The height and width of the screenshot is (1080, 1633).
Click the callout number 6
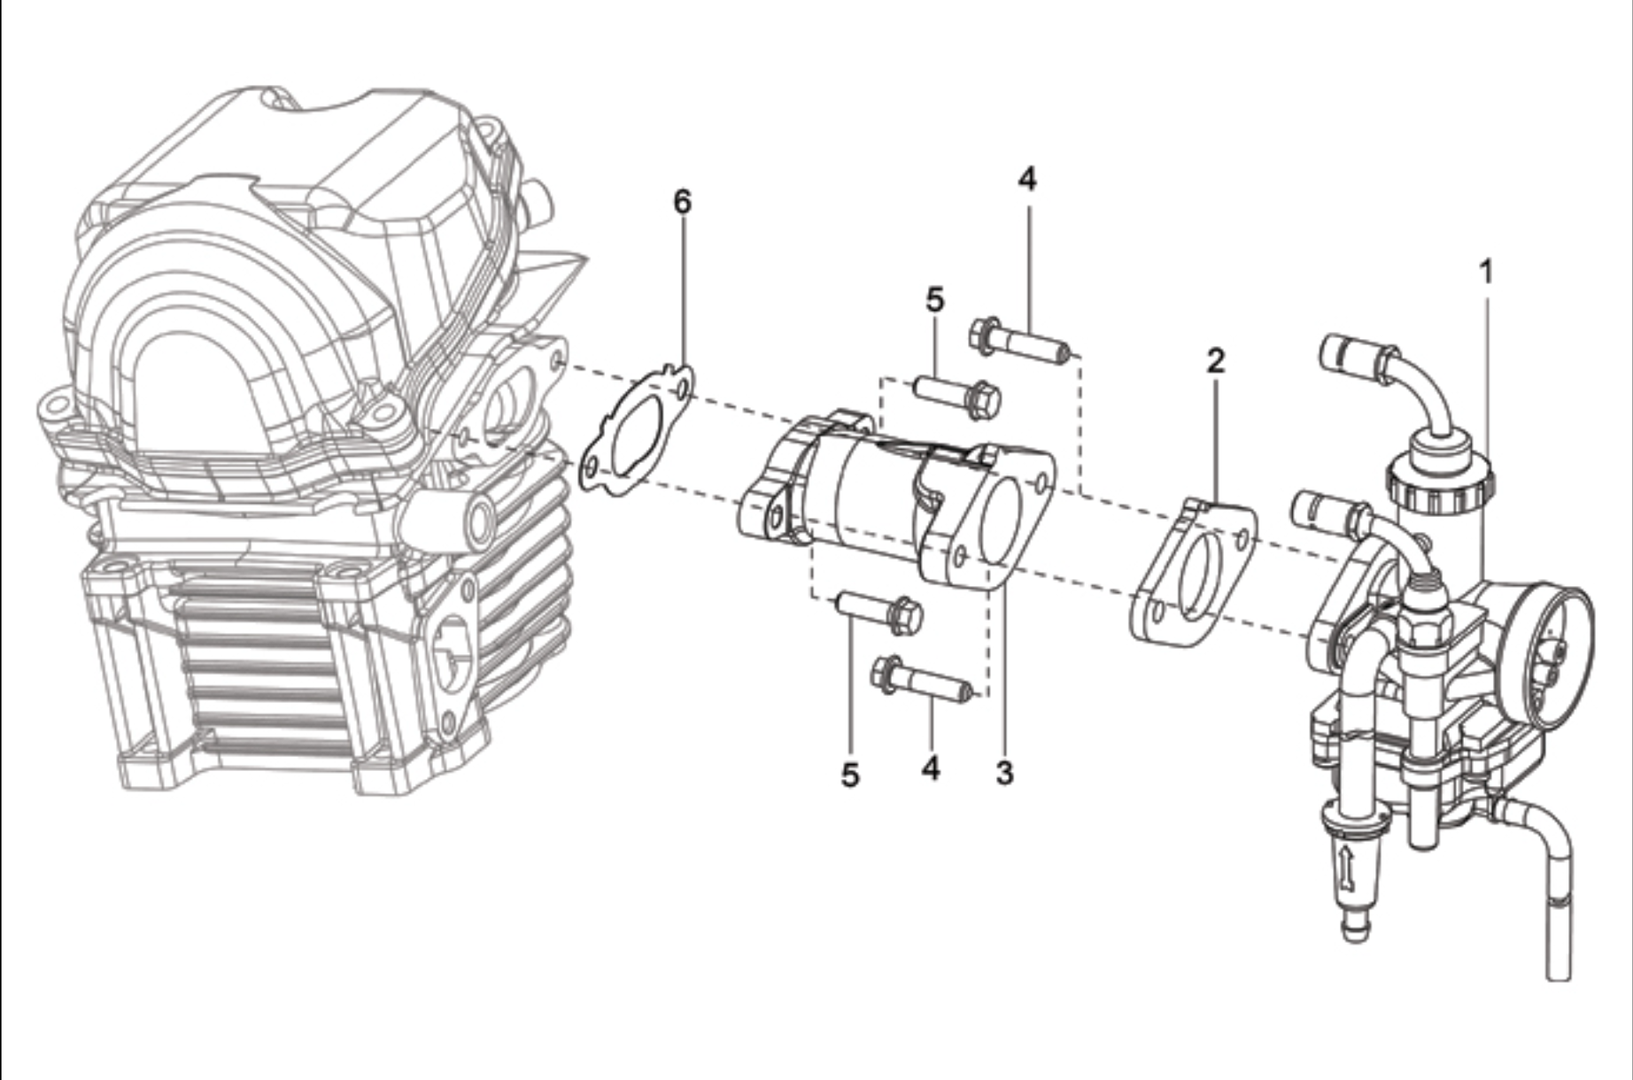(682, 202)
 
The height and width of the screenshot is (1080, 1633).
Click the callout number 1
(1487, 272)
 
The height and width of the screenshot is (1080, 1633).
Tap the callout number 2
(1215, 360)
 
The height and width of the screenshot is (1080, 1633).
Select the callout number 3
(1003, 772)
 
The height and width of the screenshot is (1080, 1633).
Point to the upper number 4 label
(1026, 179)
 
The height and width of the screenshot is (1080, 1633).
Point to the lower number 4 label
(930, 768)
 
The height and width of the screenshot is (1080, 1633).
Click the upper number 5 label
(935, 300)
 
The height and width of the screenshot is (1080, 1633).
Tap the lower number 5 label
(850, 775)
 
